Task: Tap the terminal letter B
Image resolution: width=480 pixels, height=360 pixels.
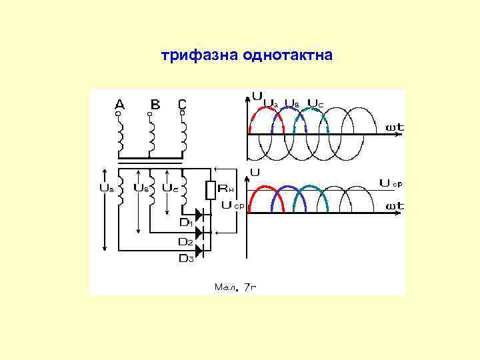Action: (x=155, y=104)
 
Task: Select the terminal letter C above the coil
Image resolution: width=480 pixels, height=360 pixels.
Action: (x=182, y=104)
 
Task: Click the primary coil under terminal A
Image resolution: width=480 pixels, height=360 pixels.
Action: (x=121, y=137)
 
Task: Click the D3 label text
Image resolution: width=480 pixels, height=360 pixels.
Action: (x=187, y=259)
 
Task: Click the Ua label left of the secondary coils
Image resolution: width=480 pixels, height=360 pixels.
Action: (x=106, y=188)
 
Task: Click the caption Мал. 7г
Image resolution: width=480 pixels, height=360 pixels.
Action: (x=235, y=287)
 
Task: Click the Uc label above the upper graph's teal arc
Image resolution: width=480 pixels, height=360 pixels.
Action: (x=315, y=104)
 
